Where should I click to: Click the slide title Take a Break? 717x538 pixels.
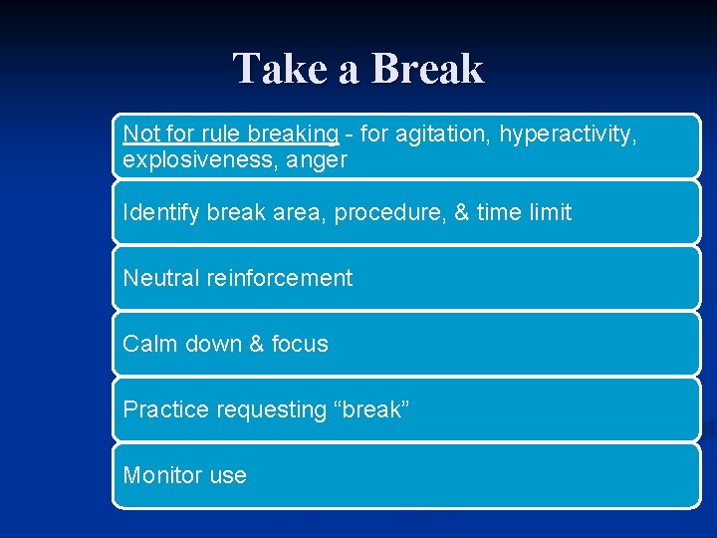[x=358, y=70]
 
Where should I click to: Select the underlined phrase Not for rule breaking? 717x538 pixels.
[x=230, y=134]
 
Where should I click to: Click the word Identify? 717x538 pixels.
[x=161, y=212]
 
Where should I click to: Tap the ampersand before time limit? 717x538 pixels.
[x=461, y=212]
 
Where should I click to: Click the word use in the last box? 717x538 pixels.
[x=227, y=475]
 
